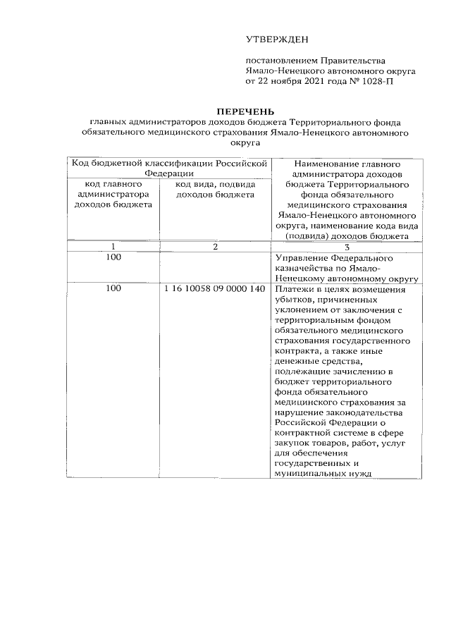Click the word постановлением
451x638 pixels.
[x=281, y=61]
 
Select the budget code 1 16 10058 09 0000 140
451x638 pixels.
[x=214, y=289]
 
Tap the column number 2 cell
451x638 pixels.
[x=214, y=246]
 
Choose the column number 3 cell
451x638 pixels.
[x=347, y=246]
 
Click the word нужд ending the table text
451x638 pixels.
[x=356, y=474]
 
